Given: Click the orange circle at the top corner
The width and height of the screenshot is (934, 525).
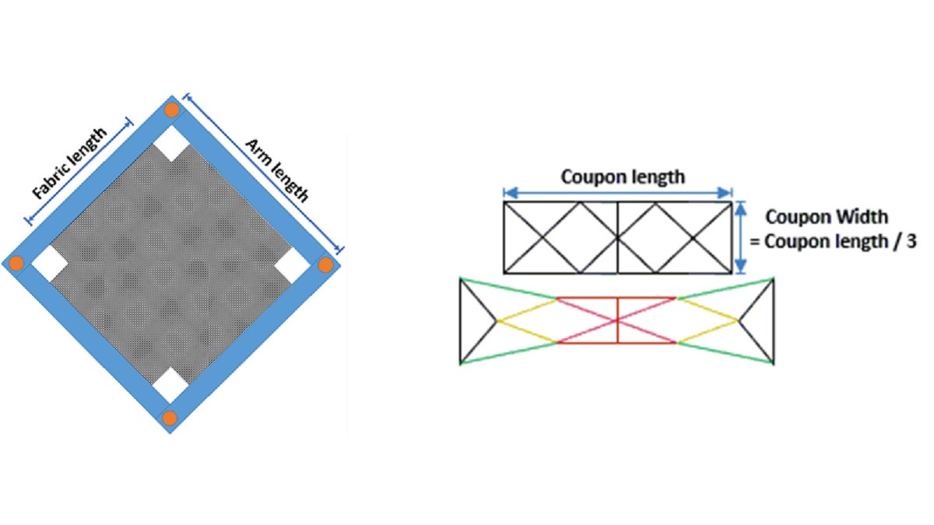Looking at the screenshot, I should click(x=172, y=110).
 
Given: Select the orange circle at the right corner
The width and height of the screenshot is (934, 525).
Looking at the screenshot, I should click(x=325, y=264).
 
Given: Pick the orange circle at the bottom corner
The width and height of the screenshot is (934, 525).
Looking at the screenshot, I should click(x=170, y=418).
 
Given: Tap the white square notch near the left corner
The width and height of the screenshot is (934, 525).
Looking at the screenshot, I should click(x=49, y=263).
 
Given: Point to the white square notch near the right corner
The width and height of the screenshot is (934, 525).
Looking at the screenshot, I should click(x=293, y=265).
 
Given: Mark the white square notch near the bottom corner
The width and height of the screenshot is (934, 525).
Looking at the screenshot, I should click(x=170, y=386).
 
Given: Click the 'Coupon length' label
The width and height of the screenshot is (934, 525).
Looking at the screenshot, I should click(x=623, y=177).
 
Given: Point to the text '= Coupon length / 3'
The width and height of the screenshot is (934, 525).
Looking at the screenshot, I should click(x=833, y=241).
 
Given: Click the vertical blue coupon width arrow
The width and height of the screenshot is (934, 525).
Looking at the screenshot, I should click(x=740, y=237).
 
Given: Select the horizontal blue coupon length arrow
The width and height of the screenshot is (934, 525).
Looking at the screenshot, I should click(x=618, y=192).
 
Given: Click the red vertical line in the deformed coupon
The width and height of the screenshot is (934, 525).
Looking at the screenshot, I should click(x=617, y=320).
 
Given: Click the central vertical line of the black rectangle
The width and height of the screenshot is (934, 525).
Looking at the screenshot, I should click(x=618, y=237).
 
